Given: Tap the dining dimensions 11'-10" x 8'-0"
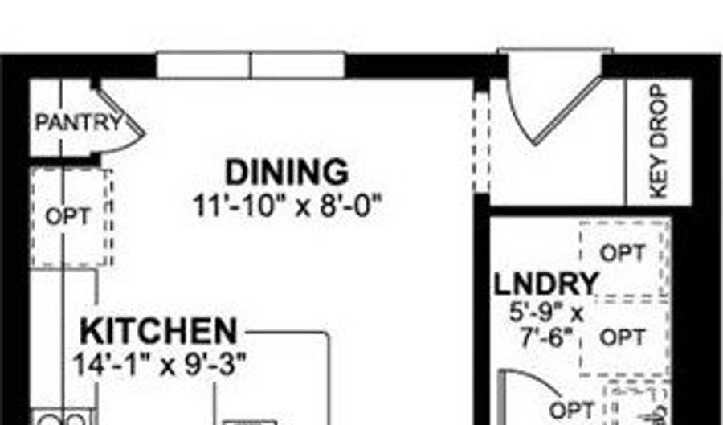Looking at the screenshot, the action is [288, 206].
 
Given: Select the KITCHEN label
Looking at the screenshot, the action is [158, 331].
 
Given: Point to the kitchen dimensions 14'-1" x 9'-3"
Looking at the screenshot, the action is [160, 365].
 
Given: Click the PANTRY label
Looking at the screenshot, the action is [80, 123].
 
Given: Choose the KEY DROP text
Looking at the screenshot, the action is [659, 142].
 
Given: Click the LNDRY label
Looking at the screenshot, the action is [546, 284].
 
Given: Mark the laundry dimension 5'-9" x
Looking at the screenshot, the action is [547, 313].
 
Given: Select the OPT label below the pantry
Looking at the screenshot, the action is [67, 216].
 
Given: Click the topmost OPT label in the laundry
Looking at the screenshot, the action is [623, 253].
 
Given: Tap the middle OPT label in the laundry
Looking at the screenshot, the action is [623, 337].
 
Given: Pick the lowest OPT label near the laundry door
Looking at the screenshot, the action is [572, 410].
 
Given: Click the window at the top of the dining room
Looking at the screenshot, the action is [251, 65].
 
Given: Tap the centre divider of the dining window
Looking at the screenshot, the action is [251, 65].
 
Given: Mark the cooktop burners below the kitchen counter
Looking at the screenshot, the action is [62, 418].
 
